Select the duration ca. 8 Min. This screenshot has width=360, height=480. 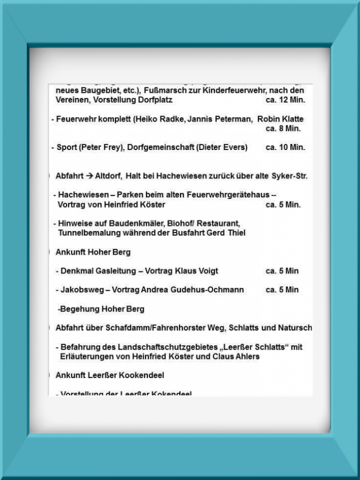283,128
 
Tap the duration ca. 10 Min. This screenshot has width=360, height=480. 285,147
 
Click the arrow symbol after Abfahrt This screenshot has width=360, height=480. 89,176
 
